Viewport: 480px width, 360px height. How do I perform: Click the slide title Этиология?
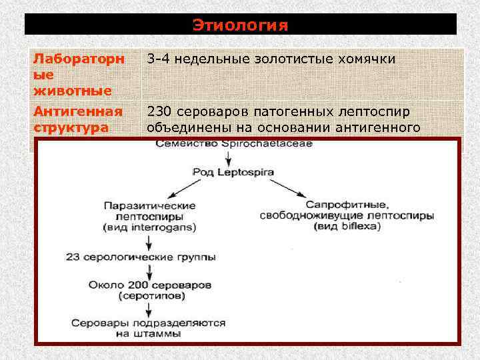240,25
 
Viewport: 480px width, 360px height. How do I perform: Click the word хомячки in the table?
369,59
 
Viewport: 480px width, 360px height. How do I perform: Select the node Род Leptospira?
228,171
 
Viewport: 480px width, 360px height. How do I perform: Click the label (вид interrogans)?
149,227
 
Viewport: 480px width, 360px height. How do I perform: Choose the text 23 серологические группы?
145,257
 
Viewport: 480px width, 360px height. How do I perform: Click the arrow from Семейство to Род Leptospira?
229,157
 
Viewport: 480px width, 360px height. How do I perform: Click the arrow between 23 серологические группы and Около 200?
149,271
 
